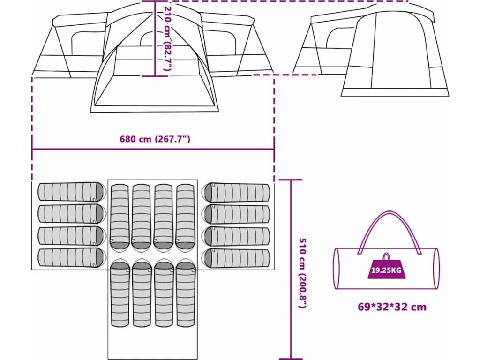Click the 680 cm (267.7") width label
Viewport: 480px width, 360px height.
point(155,139)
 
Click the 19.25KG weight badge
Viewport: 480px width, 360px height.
point(385,270)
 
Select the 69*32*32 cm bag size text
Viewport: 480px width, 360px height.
point(392,307)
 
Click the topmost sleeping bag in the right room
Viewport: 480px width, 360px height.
point(236,192)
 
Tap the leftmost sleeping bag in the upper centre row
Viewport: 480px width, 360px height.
point(119,217)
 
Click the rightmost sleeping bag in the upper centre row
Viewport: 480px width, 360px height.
point(186,217)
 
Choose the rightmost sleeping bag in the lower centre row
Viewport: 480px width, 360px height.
point(186,294)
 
